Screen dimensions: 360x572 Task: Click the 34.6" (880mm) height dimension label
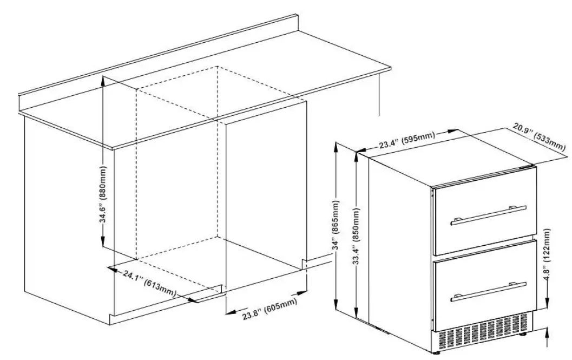point(103,195)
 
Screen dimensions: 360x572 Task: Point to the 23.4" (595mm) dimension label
point(406,140)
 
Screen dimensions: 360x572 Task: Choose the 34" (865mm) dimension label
point(337,227)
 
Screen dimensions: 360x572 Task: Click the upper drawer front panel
point(484,217)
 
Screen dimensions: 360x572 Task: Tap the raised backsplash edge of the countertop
point(162,60)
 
